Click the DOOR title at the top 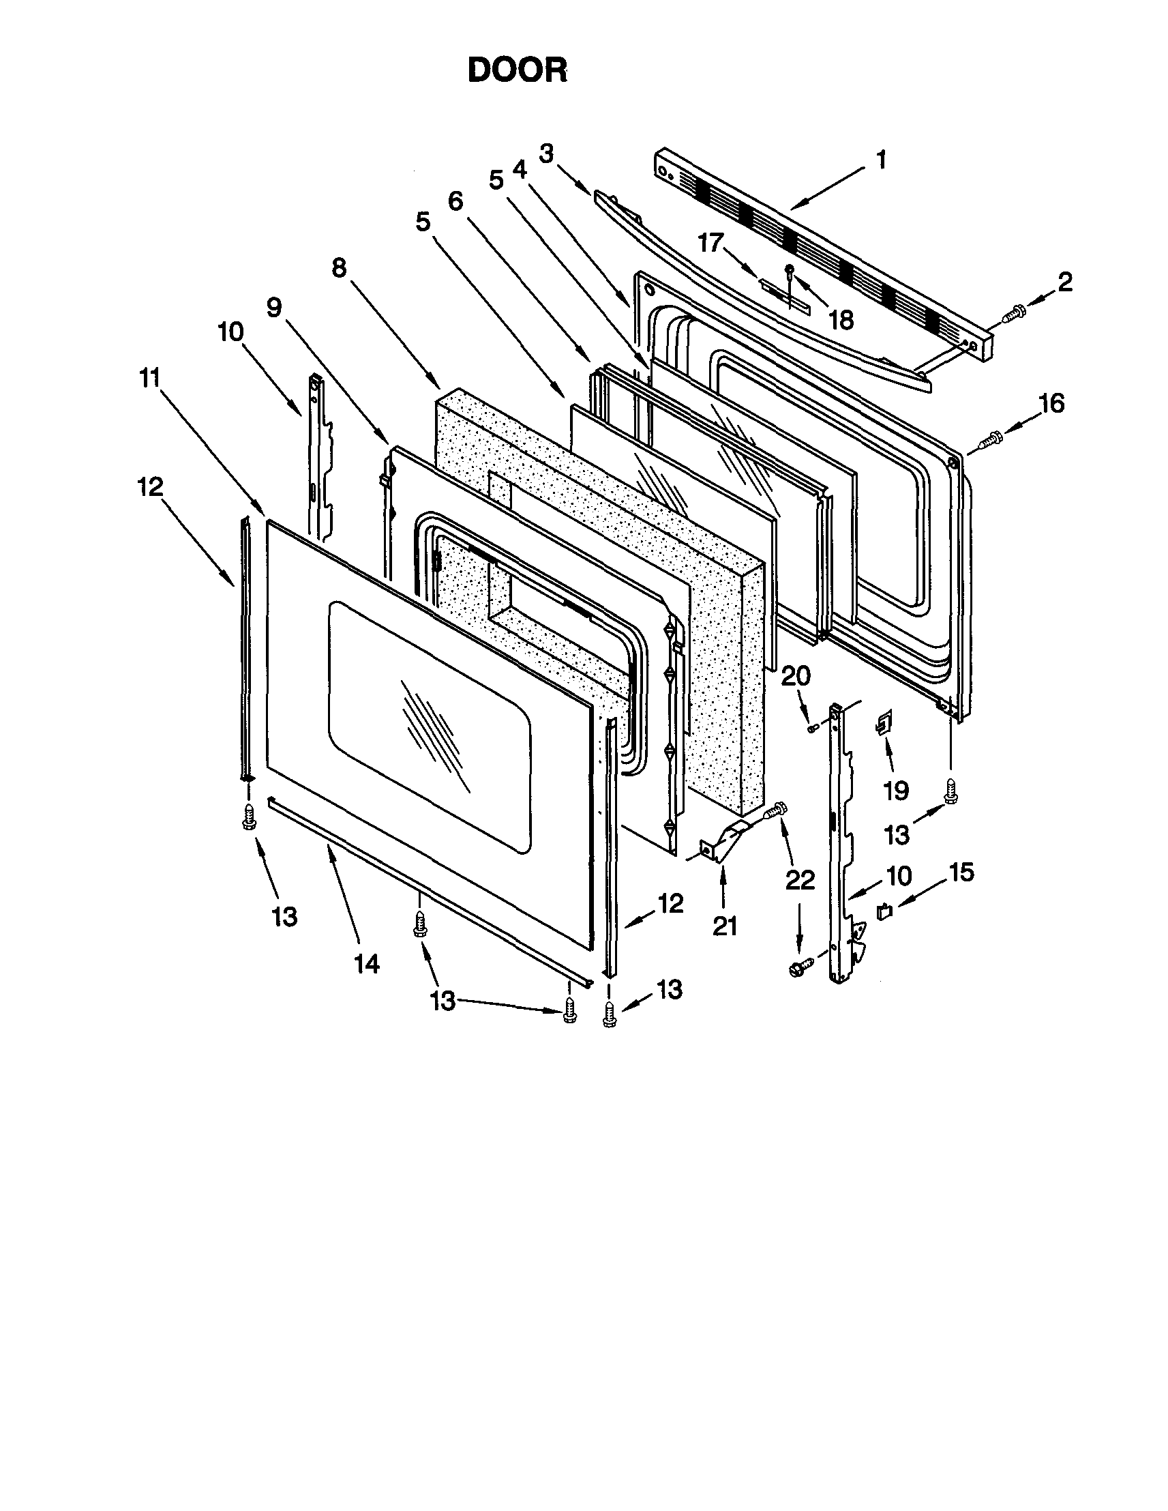click(518, 70)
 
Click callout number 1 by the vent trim click(880, 160)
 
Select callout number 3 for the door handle click(547, 153)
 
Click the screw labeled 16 click(991, 438)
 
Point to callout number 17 click(710, 243)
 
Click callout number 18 click(841, 320)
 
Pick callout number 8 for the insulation click(338, 269)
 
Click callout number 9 click(274, 308)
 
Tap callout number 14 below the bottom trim click(367, 963)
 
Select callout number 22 click(799, 880)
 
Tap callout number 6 click(455, 201)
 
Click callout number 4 click(520, 170)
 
